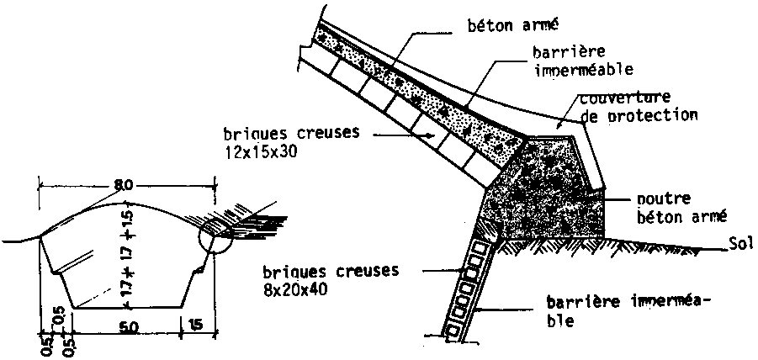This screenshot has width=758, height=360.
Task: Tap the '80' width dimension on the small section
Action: coord(125,185)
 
